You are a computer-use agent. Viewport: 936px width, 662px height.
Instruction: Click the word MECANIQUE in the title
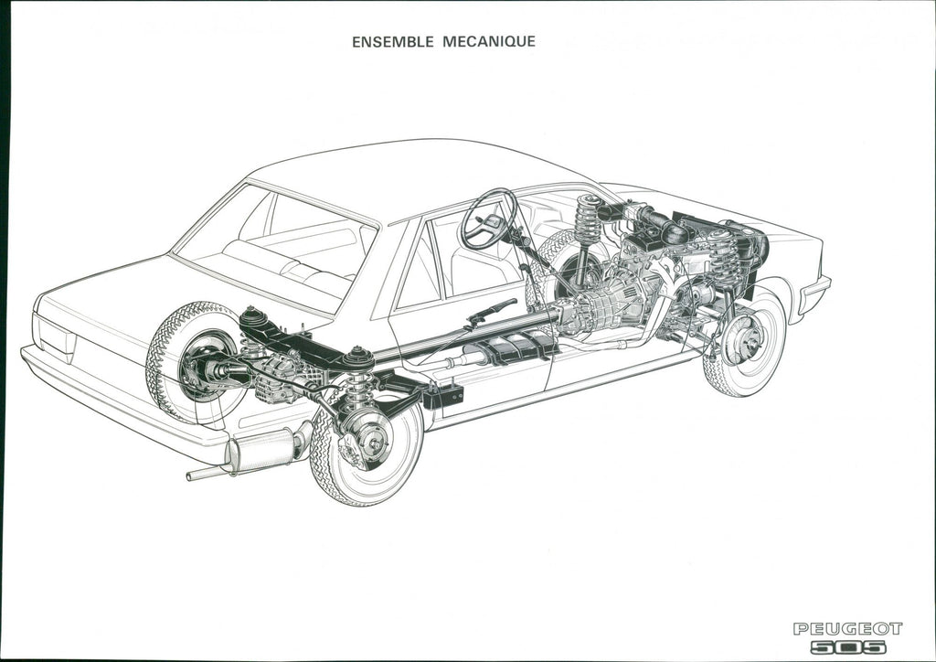pyautogui.click(x=489, y=41)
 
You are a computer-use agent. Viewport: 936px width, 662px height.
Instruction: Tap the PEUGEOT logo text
pyautogui.click(x=847, y=628)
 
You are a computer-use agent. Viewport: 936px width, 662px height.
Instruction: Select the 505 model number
pyautogui.click(x=848, y=646)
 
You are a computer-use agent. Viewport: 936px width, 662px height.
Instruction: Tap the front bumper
pyautogui.click(x=814, y=295)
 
